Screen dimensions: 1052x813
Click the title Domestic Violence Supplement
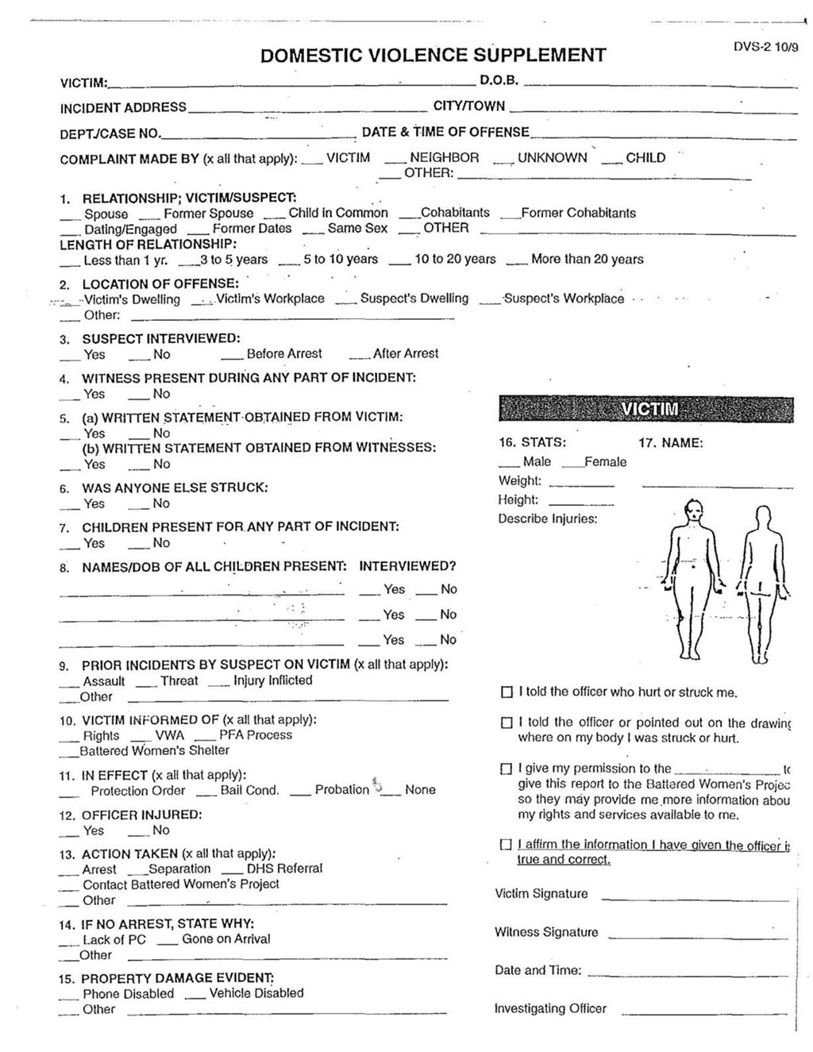tap(433, 55)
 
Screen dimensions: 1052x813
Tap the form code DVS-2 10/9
tap(765, 46)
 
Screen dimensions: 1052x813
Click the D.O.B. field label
tap(499, 80)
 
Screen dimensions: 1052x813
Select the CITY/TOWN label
tap(468, 106)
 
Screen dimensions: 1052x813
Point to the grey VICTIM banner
tap(646, 407)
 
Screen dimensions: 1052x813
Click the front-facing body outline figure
tap(694, 579)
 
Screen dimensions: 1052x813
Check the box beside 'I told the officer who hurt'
tap(507, 692)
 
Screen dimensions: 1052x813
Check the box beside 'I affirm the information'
tap(507, 846)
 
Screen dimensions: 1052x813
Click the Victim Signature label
tap(541, 894)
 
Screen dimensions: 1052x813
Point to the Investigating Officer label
tap(550, 1008)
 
